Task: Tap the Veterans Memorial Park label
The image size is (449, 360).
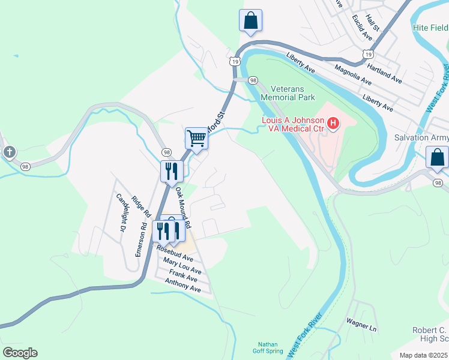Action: pyautogui.click(x=288, y=92)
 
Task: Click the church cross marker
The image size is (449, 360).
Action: pyautogui.click(x=9, y=152)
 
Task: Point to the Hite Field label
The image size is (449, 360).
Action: pyautogui.click(x=430, y=28)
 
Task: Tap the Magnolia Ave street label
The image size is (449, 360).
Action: pyautogui.click(x=353, y=75)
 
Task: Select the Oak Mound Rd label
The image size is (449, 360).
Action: pyautogui.click(x=183, y=208)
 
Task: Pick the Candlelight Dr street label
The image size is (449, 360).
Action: pyautogui.click(x=122, y=213)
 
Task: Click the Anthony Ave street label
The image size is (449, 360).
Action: pyautogui.click(x=183, y=285)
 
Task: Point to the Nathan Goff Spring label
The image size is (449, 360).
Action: pyautogui.click(x=267, y=347)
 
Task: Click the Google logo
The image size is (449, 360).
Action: pyautogui.click(x=20, y=352)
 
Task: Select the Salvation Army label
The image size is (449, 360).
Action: pyautogui.click(x=421, y=137)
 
